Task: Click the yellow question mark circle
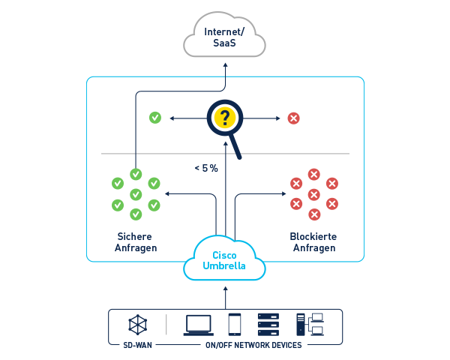coord(224,118)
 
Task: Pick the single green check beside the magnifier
coord(154,118)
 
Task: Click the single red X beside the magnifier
coord(294,118)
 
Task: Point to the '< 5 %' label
coord(206,169)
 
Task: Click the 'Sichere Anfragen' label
coord(136,242)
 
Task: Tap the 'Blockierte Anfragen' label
coord(313,242)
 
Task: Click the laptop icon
coord(198,324)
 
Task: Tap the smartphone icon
coord(234,324)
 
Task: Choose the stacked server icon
coord(268,324)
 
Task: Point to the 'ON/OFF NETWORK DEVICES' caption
coord(253,345)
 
